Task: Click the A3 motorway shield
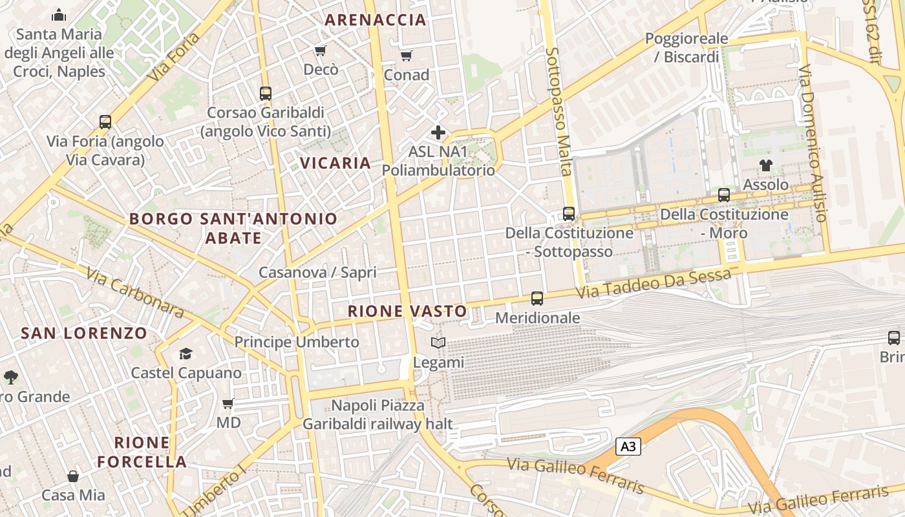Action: [x=628, y=446]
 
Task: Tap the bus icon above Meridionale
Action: [x=537, y=299]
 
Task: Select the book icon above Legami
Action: [x=438, y=343]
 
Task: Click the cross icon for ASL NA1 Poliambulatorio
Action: [x=438, y=133]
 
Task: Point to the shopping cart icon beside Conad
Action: [x=406, y=56]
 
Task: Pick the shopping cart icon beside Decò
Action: [x=320, y=50]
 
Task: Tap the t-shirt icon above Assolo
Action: [x=766, y=165]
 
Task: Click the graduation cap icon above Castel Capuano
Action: [x=186, y=353]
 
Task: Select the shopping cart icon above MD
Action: [x=228, y=404]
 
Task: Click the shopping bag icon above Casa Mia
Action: [x=73, y=476]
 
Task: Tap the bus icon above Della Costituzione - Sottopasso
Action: [x=569, y=213]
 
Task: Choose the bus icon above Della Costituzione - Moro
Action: [x=724, y=195]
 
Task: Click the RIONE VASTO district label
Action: [x=407, y=311]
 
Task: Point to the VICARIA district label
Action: [x=335, y=163]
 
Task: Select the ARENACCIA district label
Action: [x=376, y=20]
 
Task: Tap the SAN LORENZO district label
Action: [x=84, y=333]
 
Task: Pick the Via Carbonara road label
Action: [x=134, y=293]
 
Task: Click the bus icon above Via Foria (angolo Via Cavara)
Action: [x=105, y=122]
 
